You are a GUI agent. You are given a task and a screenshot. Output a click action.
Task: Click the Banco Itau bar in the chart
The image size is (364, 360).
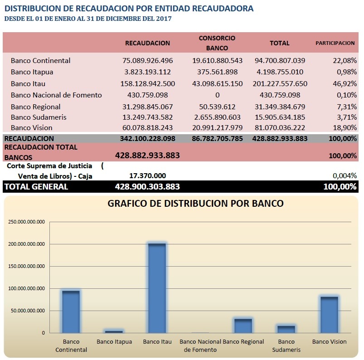[157, 288]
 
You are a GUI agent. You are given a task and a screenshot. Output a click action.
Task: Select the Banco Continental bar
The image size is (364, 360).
[71, 311]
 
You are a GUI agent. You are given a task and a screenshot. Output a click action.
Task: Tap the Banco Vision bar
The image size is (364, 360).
[329, 315]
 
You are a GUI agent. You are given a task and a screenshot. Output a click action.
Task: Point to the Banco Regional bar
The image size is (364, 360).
[243, 326]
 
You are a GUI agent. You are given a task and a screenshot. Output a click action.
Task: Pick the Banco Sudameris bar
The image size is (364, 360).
[286, 329]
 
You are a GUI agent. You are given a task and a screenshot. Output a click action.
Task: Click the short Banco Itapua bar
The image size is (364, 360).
[114, 332]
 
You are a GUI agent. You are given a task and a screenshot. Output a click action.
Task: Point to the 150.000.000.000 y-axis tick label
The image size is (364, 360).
[26, 266]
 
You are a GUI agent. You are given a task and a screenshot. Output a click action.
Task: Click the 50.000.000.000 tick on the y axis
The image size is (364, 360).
[28, 311]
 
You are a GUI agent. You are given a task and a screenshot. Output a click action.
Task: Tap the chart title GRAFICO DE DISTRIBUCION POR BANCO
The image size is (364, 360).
[195, 204]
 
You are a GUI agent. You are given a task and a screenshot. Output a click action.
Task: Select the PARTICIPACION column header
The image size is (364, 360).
[335, 43]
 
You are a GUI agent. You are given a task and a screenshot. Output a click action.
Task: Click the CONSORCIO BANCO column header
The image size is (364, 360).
[217, 43]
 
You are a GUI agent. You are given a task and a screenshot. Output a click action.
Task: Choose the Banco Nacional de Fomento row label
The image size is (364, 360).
[56, 95]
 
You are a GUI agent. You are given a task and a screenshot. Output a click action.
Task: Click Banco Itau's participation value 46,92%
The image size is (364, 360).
[345, 83]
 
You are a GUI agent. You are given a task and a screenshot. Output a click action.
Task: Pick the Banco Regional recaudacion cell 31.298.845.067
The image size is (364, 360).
[148, 107]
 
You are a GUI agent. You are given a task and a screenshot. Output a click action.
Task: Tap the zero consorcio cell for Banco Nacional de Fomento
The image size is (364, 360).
[217, 95]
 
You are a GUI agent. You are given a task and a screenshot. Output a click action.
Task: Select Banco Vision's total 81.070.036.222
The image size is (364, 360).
[280, 127]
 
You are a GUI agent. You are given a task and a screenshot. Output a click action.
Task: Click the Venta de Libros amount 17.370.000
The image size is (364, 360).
[148, 175]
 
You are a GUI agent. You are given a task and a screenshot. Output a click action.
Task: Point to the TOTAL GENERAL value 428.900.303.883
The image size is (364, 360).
[147, 186]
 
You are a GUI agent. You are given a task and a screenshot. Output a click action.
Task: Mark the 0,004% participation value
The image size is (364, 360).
[345, 176]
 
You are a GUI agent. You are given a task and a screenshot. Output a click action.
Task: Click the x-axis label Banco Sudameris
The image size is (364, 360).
[286, 345]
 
